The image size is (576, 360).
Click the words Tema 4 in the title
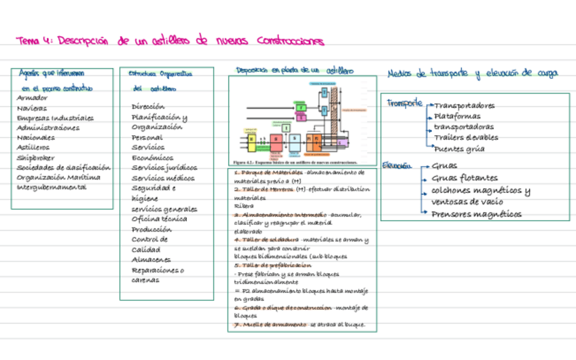point(33,40)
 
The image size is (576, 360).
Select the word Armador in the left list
point(32,98)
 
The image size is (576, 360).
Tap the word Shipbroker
point(36,158)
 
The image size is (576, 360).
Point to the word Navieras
point(32,108)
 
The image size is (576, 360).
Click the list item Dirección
point(148,107)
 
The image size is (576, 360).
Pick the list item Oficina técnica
point(160,219)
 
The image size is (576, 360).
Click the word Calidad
point(146,249)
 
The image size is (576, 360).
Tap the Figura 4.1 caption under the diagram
point(295,163)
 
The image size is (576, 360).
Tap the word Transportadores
point(464,106)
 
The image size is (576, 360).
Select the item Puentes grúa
point(458,149)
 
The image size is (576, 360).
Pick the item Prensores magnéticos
point(476,214)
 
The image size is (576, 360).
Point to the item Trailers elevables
point(465,138)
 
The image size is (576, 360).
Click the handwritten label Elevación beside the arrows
point(397,165)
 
